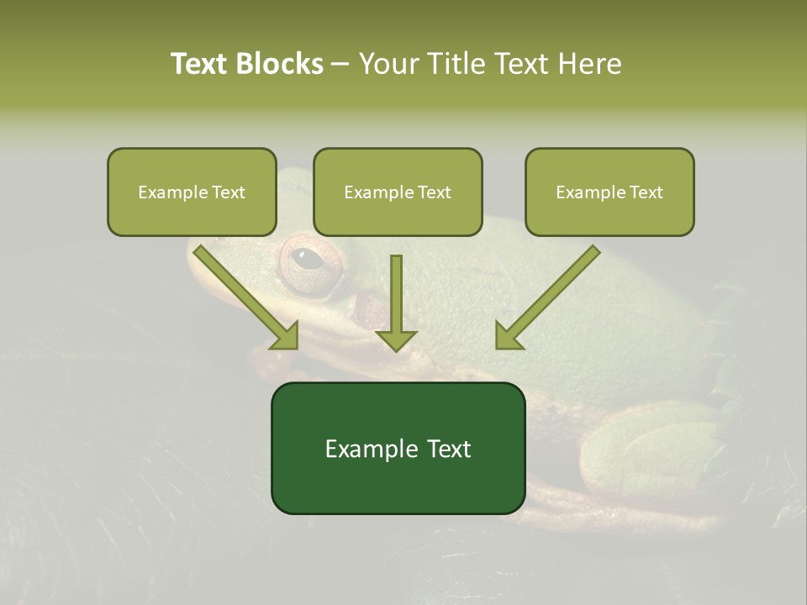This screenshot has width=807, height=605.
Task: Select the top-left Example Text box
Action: click(192, 192)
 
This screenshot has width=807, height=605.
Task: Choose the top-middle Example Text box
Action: click(398, 192)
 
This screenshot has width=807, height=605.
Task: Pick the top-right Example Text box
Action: click(609, 192)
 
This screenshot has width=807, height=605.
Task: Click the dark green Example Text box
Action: click(398, 448)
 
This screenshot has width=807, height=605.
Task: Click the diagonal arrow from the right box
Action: click(546, 297)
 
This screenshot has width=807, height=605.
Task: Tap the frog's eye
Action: click(309, 258)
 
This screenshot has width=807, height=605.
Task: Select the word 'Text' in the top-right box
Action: click(646, 192)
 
